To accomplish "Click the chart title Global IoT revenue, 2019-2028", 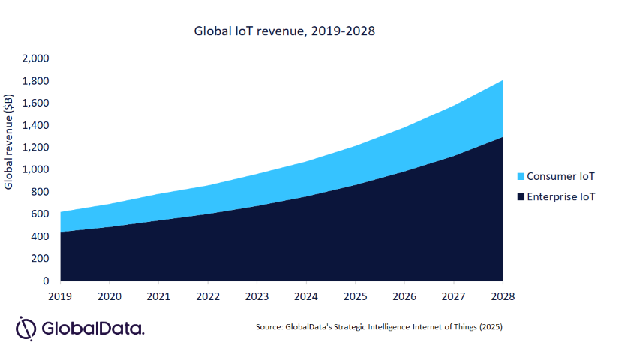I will pos(284,31).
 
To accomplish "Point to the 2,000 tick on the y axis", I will pos(35,58).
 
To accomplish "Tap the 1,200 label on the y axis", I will pos(35,148).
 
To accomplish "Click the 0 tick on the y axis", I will pos(46,280).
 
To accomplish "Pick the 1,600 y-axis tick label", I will pos(35,103).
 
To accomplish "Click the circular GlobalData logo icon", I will pos(26,328).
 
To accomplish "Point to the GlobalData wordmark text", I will pos(93,328).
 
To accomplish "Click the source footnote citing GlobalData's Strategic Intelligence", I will pos(378,328).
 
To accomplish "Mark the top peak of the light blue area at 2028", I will pos(502,80).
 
